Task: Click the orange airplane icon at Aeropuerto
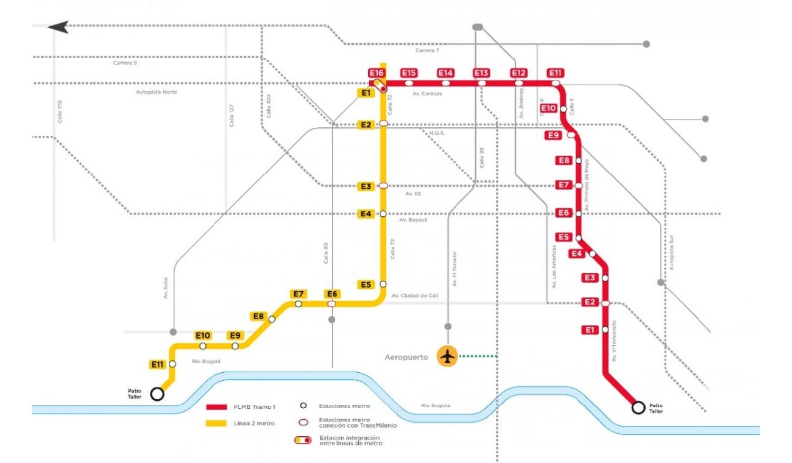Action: [x=448, y=356]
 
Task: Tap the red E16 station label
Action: [x=377, y=73]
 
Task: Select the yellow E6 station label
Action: [x=332, y=294]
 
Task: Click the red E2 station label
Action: [x=589, y=302]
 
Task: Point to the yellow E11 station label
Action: [x=158, y=364]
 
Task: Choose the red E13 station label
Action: [x=481, y=73]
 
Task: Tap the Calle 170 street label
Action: [x=60, y=112]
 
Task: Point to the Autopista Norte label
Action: [x=157, y=92]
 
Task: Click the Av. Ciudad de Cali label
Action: [x=414, y=295]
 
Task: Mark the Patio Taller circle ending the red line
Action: [x=638, y=408]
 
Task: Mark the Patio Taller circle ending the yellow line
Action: [x=157, y=394]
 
